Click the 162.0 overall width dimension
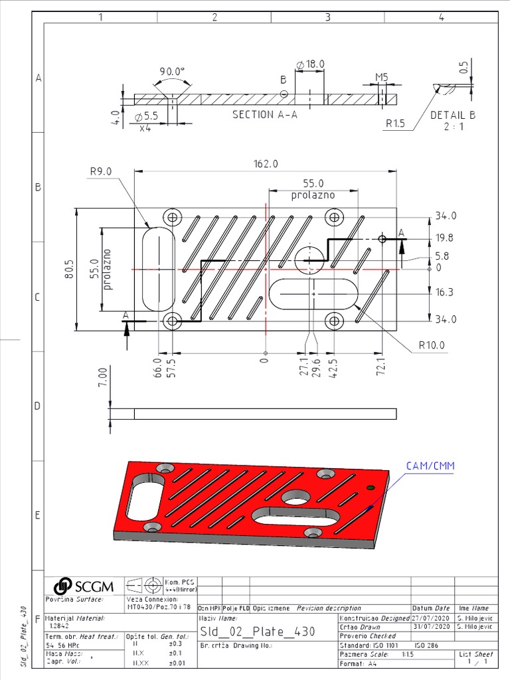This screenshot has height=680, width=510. (265, 163)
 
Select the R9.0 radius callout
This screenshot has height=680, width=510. (101, 171)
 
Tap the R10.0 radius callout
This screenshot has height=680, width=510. (431, 345)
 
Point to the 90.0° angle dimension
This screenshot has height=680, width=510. (172, 72)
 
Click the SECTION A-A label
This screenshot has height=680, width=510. (264, 114)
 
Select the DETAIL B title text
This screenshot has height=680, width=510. (453, 114)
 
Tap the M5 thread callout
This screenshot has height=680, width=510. (381, 77)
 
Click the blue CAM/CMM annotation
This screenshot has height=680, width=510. (430, 466)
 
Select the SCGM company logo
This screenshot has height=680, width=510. (84, 586)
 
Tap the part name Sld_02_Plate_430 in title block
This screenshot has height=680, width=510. (258, 631)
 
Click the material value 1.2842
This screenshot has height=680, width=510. (58, 626)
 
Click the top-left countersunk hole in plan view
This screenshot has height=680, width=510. (174, 217)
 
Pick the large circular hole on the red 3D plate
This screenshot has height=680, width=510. (294, 497)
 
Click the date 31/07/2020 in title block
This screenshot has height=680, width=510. (431, 626)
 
